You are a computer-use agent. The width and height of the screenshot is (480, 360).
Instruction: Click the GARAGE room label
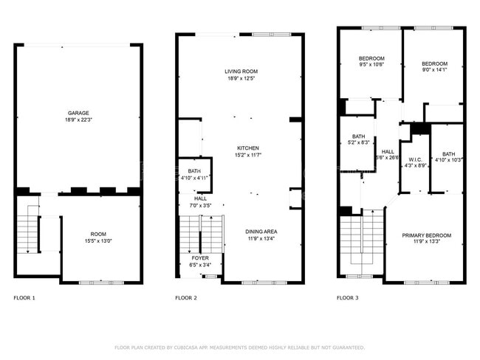point(78,114)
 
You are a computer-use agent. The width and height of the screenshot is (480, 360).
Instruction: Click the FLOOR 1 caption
point(24,298)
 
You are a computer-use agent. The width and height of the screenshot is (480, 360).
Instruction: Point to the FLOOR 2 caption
point(185,298)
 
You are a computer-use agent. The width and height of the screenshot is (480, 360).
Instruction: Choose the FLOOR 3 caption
point(347,298)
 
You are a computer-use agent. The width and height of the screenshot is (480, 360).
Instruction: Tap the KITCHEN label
point(247,148)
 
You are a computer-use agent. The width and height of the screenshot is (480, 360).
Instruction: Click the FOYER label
point(200,257)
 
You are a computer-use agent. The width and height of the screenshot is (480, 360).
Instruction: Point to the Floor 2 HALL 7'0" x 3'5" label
point(200,198)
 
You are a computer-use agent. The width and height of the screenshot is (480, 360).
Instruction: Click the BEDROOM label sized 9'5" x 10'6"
point(371,58)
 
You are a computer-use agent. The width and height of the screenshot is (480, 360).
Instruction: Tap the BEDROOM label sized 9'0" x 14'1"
point(433,63)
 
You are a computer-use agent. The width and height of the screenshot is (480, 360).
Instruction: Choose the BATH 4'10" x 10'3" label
point(448,154)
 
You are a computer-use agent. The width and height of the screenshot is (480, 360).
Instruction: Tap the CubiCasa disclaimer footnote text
point(240,347)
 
